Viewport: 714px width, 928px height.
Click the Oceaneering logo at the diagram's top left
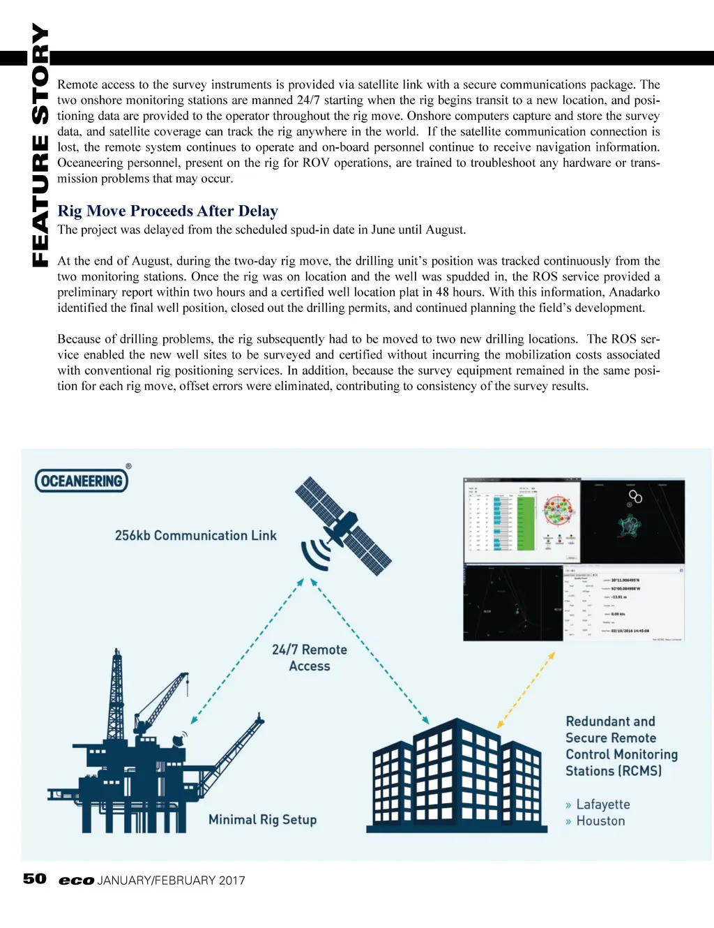tap(82, 480)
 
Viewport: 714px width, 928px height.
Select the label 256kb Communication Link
tap(195, 535)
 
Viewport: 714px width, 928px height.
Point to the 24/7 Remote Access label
tap(309, 657)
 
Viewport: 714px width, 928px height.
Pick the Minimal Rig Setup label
tap(262, 819)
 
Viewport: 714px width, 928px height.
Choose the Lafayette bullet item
tap(602, 804)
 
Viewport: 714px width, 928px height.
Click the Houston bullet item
tap(600, 821)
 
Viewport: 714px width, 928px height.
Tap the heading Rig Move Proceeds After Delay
tap(167, 211)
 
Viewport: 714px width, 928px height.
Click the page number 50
tap(35, 878)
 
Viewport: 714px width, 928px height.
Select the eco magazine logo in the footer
tap(76, 881)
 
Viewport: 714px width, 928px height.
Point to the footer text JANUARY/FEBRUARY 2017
tap(172, 881)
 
